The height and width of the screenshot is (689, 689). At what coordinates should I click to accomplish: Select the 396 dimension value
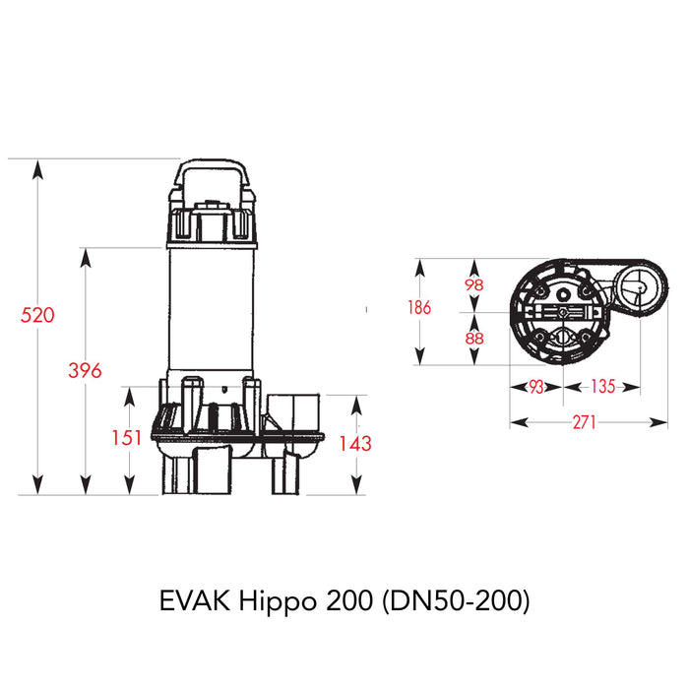pyautogui.click(x=85, y=370)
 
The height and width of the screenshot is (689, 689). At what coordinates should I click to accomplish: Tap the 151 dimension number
pyautogui.click(x=127, y=438)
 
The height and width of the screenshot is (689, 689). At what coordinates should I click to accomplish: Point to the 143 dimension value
pyautogui.click(x=354, y=443)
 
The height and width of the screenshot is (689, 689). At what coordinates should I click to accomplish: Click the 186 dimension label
pyautogui.click(x=418, y=307)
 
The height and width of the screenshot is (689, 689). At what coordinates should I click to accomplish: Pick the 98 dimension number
pyautogui.click(x=473, y=283)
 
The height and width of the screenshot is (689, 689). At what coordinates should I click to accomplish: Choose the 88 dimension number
pyautogui.click(x=473, y=338)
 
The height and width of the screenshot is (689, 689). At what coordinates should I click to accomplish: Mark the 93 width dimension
pyautogui.click(x=535, y=387)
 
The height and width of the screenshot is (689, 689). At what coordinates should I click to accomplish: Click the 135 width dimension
pyautogui.click(x=602, y=387)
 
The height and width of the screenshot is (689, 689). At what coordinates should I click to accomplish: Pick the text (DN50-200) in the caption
pyautogui.click(x=453, y=601)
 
